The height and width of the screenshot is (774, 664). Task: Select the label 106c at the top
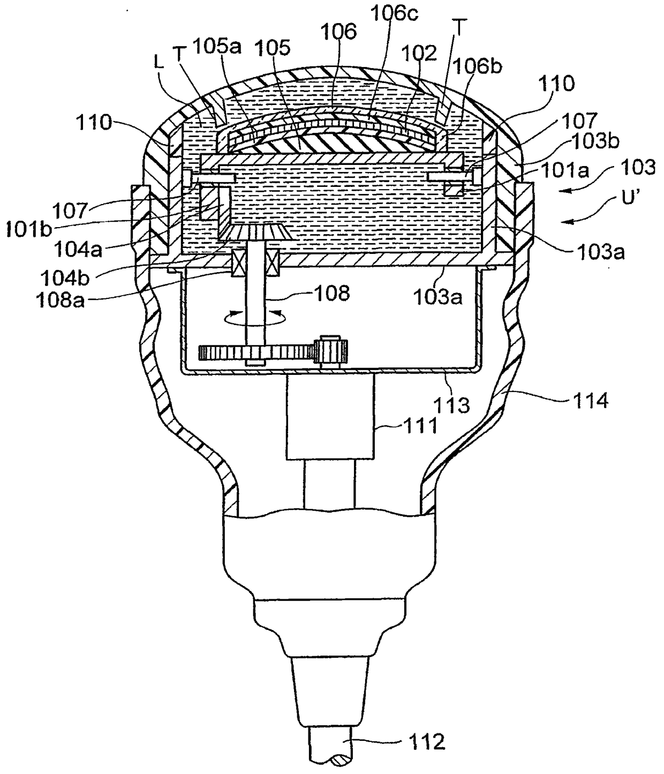pyautogui.click(x=390, y=14)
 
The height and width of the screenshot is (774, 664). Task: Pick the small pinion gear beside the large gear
pyautogui.click(x=331, y=351)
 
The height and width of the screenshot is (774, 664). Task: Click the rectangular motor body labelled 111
pyautogui.click(x=329, y=416)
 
